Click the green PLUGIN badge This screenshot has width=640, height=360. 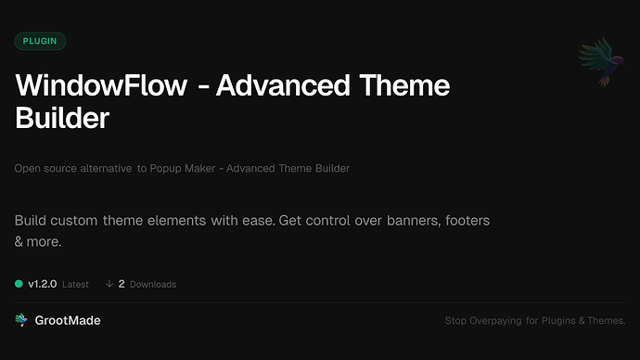(41, 41)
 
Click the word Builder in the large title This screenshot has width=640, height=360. (62, 119)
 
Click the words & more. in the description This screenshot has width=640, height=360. (38, 241)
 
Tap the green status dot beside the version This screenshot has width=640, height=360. (19, 283)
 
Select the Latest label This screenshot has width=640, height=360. (75, 284)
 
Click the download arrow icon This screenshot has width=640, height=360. (109, 283)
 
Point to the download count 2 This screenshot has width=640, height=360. (122, 283)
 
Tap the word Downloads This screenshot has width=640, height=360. (153, 284)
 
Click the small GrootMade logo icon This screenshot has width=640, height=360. (20, 320)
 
